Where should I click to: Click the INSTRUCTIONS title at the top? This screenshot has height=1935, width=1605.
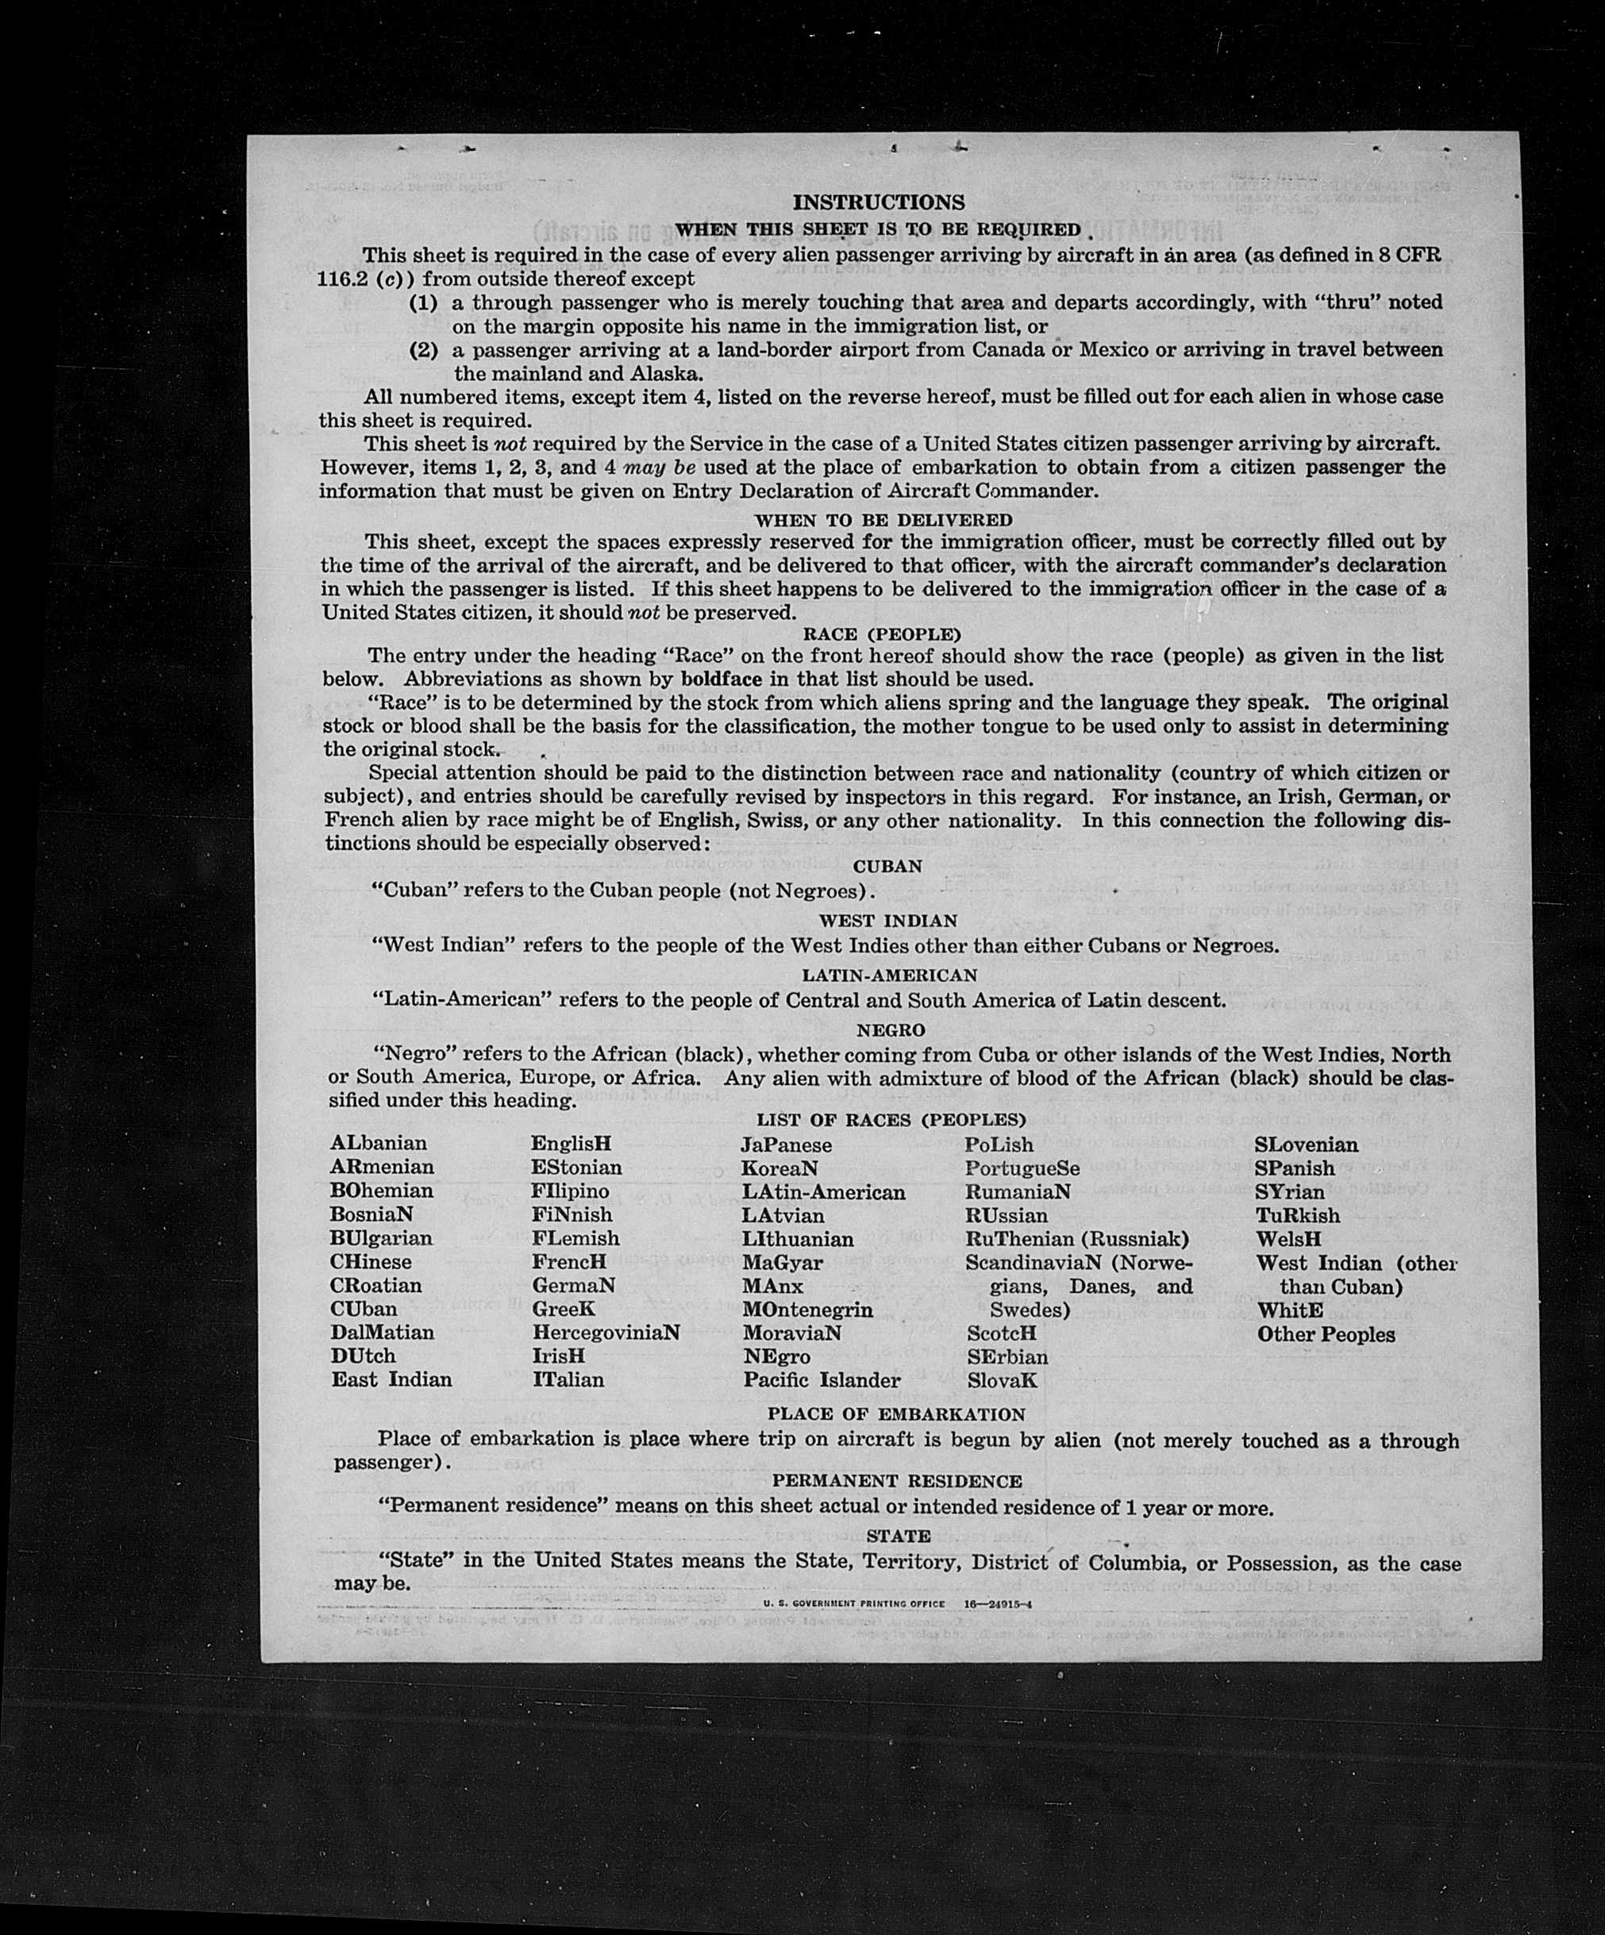pos(878,202)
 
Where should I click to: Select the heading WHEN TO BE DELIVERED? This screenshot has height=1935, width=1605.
pos(883,520)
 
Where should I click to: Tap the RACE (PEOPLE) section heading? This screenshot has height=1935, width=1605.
pos(882,634)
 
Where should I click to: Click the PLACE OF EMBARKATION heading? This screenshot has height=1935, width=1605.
pos(895,1414)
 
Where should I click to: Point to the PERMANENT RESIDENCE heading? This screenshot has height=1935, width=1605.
pos(896,1481)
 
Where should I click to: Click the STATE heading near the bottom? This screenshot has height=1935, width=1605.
pos(899,1535)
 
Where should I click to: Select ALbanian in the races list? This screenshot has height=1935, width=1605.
pos(379,1143)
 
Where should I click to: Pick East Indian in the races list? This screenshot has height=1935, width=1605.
pos(391,1379)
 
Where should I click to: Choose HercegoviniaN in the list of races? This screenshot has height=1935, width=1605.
pos(606,1332)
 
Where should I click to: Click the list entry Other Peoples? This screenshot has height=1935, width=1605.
pos(1326,1333)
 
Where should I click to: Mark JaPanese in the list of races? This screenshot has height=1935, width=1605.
pos(786,1144)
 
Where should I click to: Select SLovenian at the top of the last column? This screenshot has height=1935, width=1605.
pos(1307,1144)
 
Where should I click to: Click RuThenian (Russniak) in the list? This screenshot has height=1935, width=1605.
pos(1078,1238)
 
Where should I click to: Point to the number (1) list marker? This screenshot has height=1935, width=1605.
pos(423,302)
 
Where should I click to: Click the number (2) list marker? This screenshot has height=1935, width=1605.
pos(423,350)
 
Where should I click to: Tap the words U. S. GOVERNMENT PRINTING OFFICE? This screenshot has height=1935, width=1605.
pos(853,1604)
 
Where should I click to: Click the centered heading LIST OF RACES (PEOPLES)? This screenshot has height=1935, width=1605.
pos(891,1120)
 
